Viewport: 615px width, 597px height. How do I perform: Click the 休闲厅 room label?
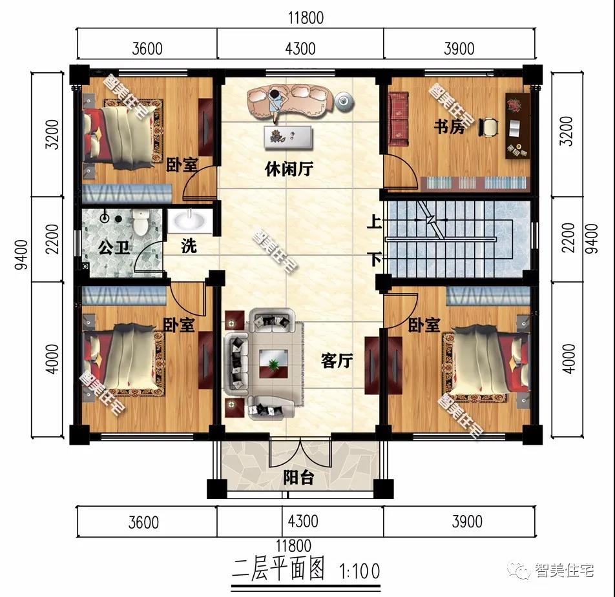pos(289,169)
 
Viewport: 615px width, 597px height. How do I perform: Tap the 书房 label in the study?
pos(449,126)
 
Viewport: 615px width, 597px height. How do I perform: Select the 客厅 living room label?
pos(337,361)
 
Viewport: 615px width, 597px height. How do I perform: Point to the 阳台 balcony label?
pos(299,478)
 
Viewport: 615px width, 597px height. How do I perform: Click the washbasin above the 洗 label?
pos(189,221)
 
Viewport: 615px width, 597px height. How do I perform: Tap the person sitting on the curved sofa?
pos(276,102)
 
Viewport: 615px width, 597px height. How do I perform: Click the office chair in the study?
pos(489,127)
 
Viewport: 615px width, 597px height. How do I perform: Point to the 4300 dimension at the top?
pos(300,48)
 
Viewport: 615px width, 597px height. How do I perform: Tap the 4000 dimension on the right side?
pos(568,358)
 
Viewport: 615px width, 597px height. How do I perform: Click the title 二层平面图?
pos(278,569)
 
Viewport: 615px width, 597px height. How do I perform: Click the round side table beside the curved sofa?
pos(344,100)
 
